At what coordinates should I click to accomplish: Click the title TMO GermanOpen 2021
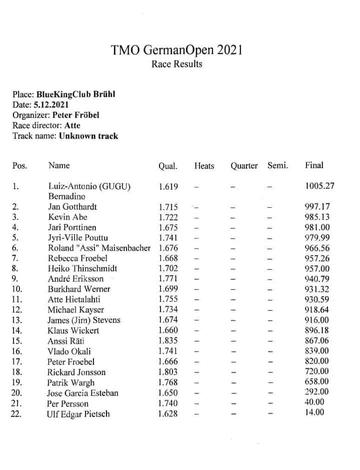click(177, 50)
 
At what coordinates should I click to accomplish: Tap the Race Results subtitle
click(177, 64)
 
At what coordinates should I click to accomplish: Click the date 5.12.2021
click(51, 105)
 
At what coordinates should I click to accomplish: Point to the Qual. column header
click(168, 166)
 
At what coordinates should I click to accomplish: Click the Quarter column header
click(244, 166)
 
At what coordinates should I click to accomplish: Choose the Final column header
click(314, 165)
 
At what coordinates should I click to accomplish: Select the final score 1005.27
click(319, 186)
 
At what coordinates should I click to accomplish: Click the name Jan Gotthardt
click(72, 207)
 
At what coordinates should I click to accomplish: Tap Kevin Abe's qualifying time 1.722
click(168, 217)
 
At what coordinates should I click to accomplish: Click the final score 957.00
click(317, 269)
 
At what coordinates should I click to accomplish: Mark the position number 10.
click(16, 289)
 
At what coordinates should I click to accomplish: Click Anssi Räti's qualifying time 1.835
click(168, 341)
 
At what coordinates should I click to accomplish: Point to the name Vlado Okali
click(69, 351)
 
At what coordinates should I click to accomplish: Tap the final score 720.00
click(317, 372)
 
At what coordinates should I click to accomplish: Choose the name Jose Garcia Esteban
click(83, 393)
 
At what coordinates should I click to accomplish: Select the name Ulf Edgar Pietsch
click(78, 414)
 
